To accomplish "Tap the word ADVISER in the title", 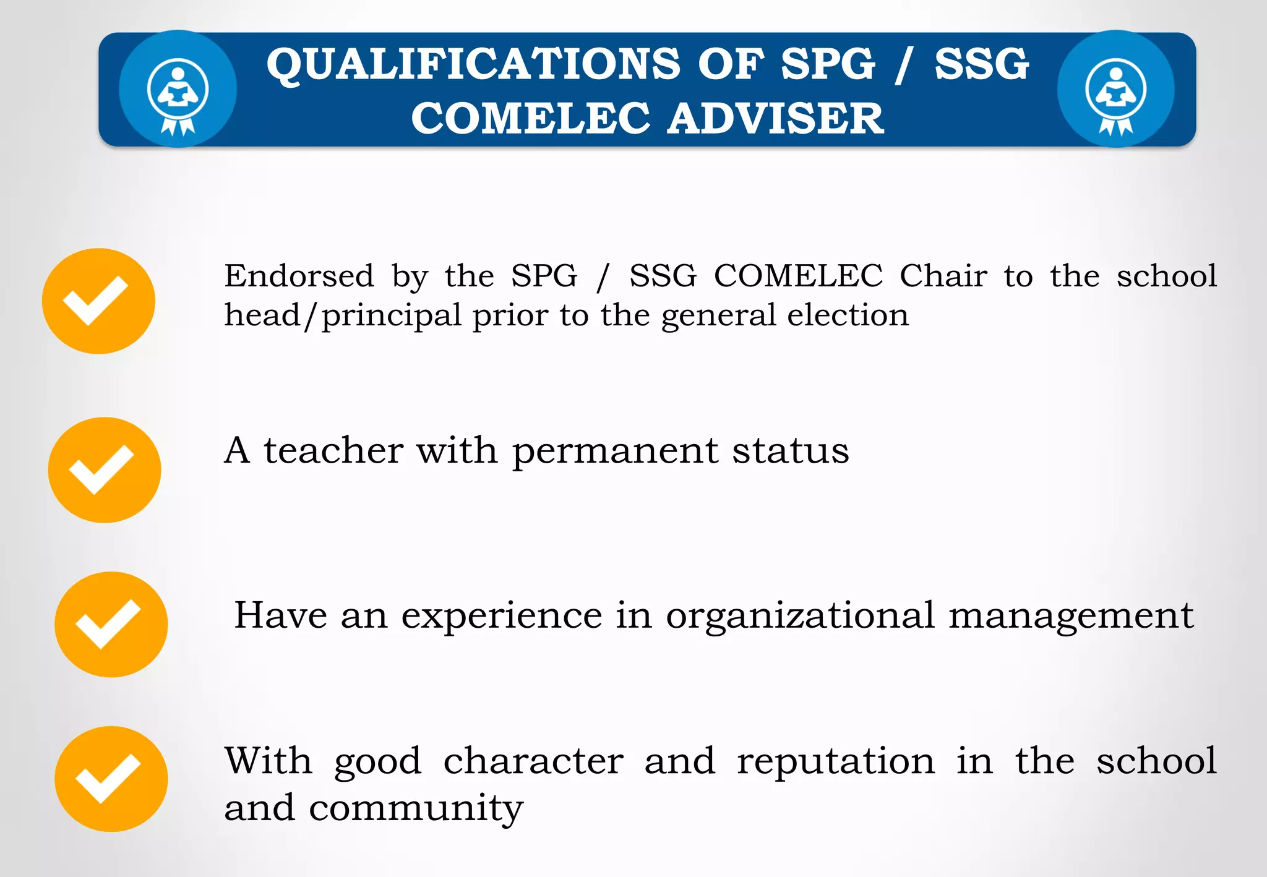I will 776,118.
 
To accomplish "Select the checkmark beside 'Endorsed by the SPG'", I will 98,301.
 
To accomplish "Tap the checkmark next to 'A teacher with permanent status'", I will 104,470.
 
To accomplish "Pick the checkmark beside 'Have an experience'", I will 111,624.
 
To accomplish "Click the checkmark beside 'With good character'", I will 111,779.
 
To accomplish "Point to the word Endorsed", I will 299,276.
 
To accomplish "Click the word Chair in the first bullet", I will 943,276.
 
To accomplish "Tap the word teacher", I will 334,450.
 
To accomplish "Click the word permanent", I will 615,451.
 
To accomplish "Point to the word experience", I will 502,617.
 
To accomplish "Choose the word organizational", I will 800,617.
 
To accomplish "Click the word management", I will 1071,617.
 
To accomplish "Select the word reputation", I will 836,762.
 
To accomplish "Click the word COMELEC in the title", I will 531,118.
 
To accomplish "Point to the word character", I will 533,761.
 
